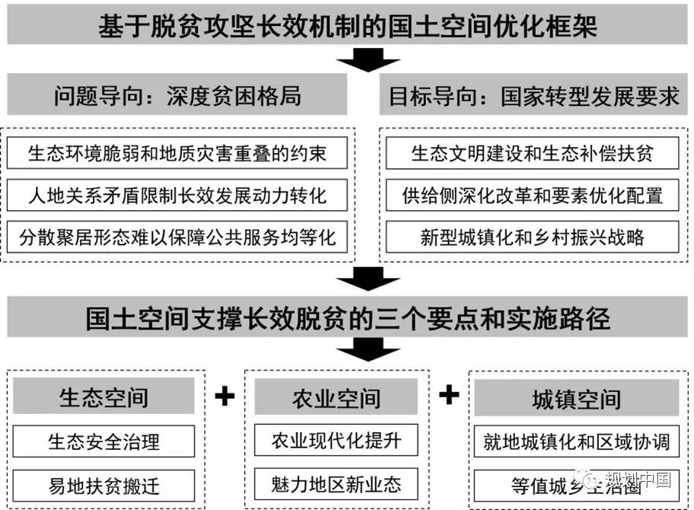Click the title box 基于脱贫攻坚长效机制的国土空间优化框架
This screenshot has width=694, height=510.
point(347,27)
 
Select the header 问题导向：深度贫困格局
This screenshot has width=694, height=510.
point(177,95)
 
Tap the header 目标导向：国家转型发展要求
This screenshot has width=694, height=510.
point(533,96)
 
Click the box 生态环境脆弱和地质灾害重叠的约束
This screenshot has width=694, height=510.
point(177,153)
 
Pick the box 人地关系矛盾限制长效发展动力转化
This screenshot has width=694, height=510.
point(177,195)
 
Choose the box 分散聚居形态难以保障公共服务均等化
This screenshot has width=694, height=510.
point(177,237)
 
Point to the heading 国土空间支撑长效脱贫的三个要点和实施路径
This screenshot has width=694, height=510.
point(347,318)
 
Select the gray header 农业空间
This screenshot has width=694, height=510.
point(336,397)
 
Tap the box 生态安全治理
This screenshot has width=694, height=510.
point(103,441)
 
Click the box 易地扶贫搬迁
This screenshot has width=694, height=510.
point(103,485)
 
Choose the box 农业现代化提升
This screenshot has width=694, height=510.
point(336,440)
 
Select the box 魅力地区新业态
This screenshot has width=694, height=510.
point(336,483)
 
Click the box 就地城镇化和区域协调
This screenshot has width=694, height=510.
point(576,441)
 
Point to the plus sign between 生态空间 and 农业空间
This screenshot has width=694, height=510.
point(224,397)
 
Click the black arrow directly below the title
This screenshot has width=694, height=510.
point(368,59)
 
